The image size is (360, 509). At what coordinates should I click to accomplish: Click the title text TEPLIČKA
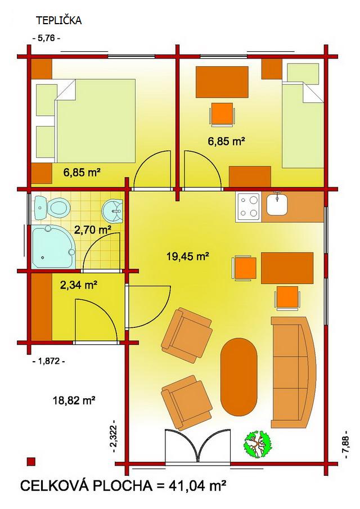(58, 21)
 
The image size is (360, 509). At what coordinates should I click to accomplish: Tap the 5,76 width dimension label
(47, 38)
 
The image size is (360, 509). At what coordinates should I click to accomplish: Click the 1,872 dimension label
(49, 361)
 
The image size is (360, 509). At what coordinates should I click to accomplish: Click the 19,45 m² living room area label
(187, 256)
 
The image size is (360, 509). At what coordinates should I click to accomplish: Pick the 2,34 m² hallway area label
(79, 285)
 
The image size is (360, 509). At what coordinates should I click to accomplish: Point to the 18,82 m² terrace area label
(74, 400)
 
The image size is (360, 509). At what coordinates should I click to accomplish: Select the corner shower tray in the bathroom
(53, 246)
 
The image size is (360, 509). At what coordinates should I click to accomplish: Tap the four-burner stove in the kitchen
(249, 205)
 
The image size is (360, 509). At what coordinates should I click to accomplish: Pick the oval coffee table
(238, 377)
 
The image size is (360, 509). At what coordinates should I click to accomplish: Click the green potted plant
(258, 444)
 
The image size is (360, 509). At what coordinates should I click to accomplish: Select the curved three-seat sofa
(293, 372)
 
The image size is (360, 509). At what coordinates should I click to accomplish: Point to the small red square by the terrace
(31, 462)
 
